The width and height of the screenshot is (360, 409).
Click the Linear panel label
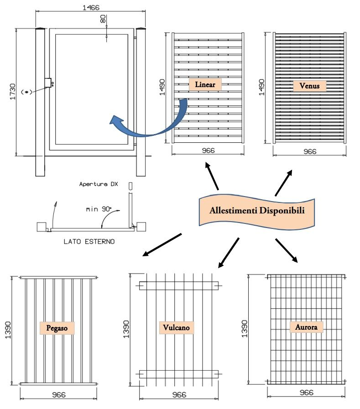tap(205, 84)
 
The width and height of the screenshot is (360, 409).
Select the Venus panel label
tap(309, 85)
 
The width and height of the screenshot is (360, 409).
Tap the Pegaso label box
tap(57, 327)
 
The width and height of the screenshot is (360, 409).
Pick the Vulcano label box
tap(176, 327)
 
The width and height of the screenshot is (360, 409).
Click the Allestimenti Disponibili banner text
tap(257, 211)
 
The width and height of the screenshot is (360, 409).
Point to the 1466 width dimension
tap(91, 7)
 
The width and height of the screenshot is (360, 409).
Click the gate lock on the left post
tap(48, 83)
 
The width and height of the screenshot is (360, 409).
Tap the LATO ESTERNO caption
tap(89, 242)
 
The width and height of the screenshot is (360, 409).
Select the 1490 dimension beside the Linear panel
tap(162, 87)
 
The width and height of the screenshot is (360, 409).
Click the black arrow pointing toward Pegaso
tap(162, 244)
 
